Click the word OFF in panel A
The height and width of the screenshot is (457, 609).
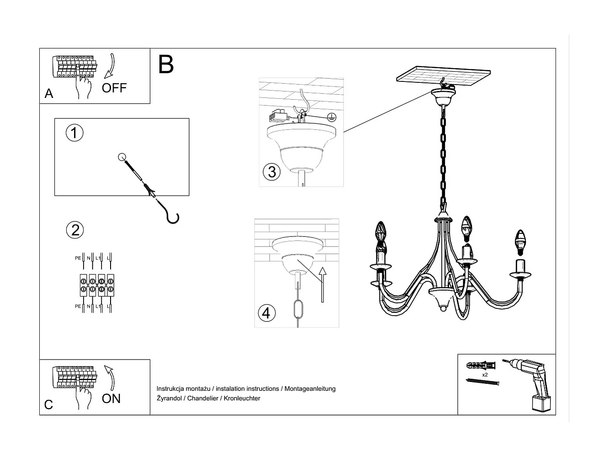pyautogui.click(x=114, y=88)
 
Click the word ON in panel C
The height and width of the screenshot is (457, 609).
pyautogui.click(x=111, y=398)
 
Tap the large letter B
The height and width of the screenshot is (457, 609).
pyautogui.click(x=166, y=65)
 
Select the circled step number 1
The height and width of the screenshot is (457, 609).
pyautogui.click(x=74, y=133)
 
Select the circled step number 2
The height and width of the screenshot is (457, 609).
pyautogui.click(x=75, y=230)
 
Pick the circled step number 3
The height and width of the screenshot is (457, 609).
pyautogui.click(x=272, y=172)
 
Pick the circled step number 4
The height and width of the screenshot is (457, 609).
pyautogui.click(x=267, y=313)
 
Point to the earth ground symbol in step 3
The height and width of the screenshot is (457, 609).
pyautogui.click(x=332, y=117)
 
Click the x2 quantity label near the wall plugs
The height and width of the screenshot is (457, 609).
pyautogui.click(x=485, y=374)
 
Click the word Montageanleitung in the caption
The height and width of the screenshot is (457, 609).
pyautogui.click(x=310, y=389)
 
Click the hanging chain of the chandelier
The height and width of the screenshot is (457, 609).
pyautogui.click(x=443, y=156)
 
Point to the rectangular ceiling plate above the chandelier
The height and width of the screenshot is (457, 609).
pyautogui.click(x=444, y=76)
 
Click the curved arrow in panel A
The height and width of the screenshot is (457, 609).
pyautogui.click(x=110, y=67)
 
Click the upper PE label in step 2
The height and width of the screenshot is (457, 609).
pyautogui.click(x=78, y=258)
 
